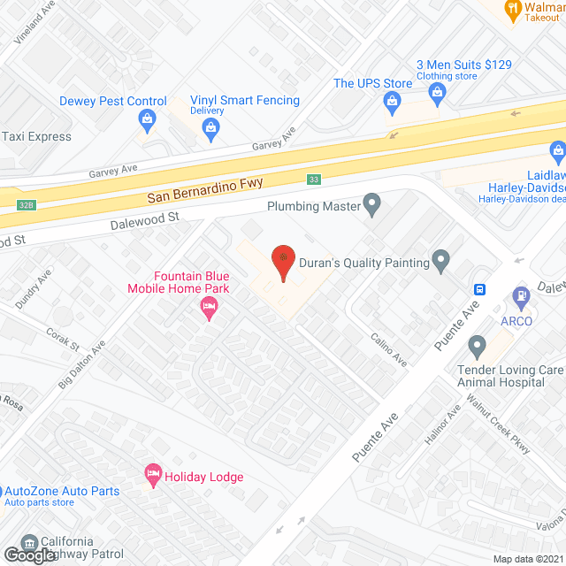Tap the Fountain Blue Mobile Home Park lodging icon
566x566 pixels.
[209, 309]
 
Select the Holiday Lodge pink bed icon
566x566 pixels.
[152, 476]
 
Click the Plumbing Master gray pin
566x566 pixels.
[372, 206]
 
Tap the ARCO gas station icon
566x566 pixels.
[519, 296]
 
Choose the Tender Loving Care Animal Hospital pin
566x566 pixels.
[478, 344]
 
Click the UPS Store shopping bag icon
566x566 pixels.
[391, 103]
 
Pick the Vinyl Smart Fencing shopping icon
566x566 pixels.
[210, 129]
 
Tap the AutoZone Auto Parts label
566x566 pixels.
[62, 491]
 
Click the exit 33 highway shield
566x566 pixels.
[314, 180]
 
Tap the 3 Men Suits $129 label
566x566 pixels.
[464, 65]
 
